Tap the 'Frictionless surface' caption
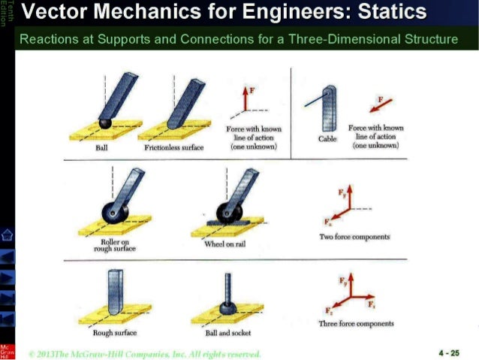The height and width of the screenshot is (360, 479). tap(173, 148)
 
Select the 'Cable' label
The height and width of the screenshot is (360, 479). tap(328, 138)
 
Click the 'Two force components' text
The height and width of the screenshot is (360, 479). tap(354, 237)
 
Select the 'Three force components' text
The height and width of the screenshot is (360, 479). tap(356, 324)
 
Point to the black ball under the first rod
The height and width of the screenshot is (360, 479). tap(107, 123)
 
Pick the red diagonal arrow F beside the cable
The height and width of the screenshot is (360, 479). tap(381, 103)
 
